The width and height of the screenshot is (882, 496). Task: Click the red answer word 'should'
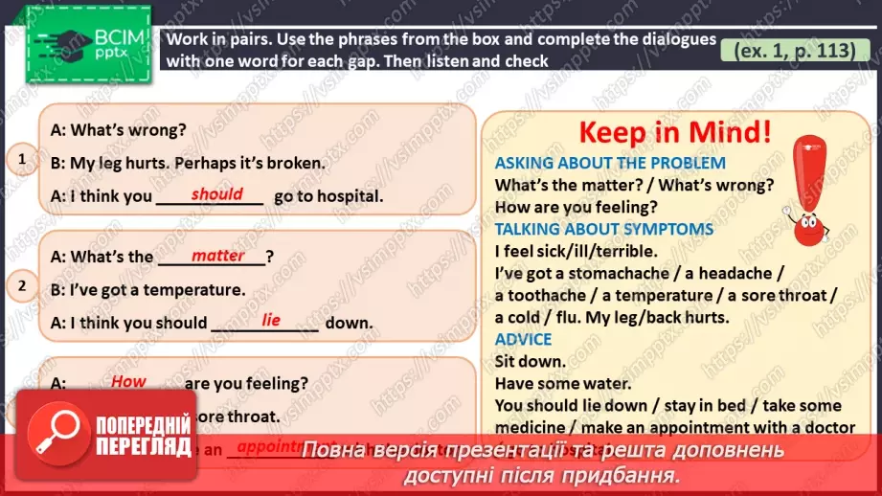(x=216, y=194)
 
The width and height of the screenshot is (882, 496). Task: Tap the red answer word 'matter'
(x=217, y=256)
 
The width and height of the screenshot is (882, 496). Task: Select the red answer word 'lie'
(x=271, y=320)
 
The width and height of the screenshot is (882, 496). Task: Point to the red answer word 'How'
(x=128, y=381)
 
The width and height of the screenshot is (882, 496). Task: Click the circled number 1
(x=23, y=160)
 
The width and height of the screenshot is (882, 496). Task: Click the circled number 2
(x=23, y=284)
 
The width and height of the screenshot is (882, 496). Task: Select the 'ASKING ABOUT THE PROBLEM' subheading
(x=610, y=163)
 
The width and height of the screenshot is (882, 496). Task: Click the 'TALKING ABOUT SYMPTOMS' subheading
(x=604, y=229)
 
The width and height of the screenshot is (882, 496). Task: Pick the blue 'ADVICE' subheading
(x=523, y=339)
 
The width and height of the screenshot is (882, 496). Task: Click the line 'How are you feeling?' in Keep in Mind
(x=576, y=207)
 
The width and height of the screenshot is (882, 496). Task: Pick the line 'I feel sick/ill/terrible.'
(x=576, y=251)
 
